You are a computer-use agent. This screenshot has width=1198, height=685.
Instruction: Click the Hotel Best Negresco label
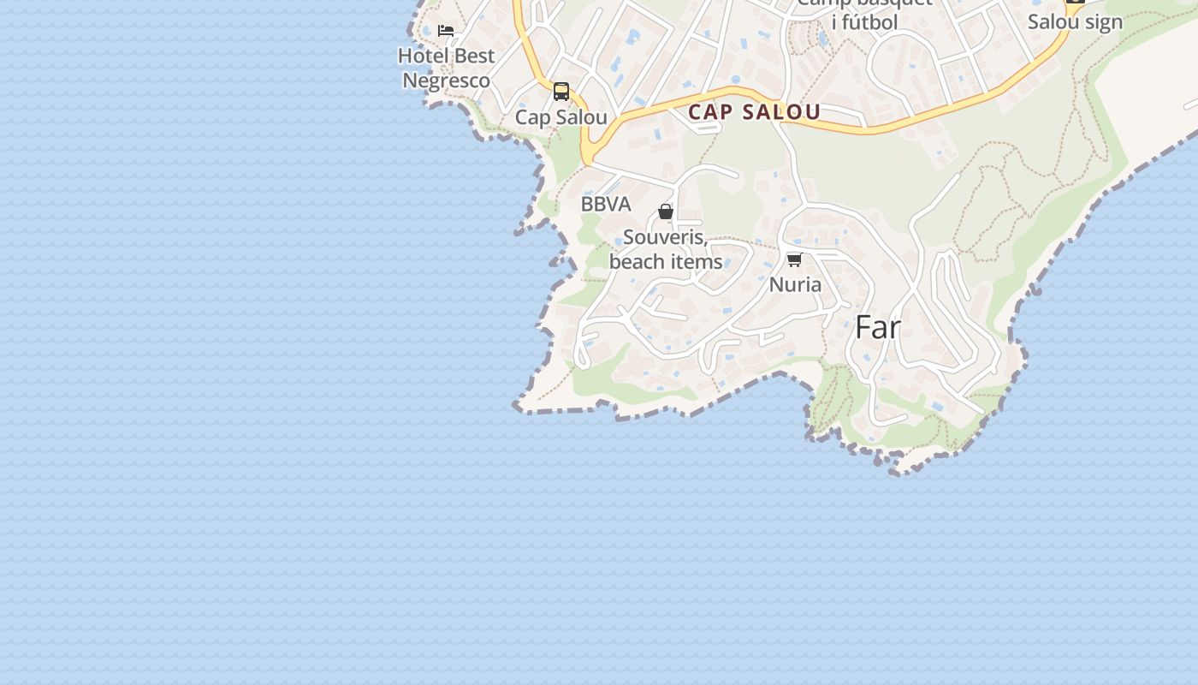click(447, 68)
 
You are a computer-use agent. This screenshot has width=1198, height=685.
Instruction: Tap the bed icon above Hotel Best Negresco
click(446, 31)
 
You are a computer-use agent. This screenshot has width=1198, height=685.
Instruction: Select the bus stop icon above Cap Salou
click(561, 92)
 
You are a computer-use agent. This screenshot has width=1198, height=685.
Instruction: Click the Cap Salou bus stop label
click(561, 117)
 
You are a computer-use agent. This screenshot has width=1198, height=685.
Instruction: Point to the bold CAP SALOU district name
click(754, 112)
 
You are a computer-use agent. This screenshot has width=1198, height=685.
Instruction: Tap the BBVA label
click(606, 204)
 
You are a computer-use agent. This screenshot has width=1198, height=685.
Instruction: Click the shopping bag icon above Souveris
click(666, 211)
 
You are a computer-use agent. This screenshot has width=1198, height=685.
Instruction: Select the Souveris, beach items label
click(666, 249)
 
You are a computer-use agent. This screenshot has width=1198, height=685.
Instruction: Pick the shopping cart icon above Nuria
click(794, 259)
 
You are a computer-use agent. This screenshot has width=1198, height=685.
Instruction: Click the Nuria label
click(795, 284)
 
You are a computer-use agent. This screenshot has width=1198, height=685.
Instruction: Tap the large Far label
click(878, 327)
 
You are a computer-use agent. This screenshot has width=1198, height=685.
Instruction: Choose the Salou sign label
click(1075, 22)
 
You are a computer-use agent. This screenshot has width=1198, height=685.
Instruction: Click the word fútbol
click(865, 22)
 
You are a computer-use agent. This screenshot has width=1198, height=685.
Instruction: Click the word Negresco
click(447, 80)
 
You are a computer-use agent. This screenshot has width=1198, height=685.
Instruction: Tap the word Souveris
click(664, 237)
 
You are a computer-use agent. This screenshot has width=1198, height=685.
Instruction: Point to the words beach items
click(666, 261)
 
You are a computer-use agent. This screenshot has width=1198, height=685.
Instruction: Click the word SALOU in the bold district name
click(782, 112)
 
